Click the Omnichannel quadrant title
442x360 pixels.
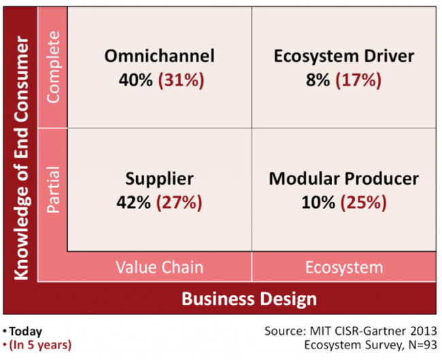pyautogui.click(x=159, y=56)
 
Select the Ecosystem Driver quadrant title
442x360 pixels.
pyautogui.click(x=343, y=56)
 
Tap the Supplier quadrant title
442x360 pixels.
pyautogui.click(x=159, y=179)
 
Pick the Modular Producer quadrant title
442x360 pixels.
pyautogui.click(x=343, y=179)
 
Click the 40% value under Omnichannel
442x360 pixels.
pyautogui.click(x=135, y=79)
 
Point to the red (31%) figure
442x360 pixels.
pyautogui.click(x=182, y=79)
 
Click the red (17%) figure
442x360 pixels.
pyautogui.click(x=361, y=79)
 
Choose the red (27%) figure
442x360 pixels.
pyautogui.click(x=182, y=202)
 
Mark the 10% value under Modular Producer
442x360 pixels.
pyautogui.click(x=318, y=202)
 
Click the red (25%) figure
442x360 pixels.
pyautogui.click(x=364, y=202)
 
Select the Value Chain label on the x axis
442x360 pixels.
pyautogui.click(x=159, y=267)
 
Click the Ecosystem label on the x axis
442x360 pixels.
pyautogui.click(x=343, y=267)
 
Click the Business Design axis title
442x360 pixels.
pyautogui.click(x=249, y=298)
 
